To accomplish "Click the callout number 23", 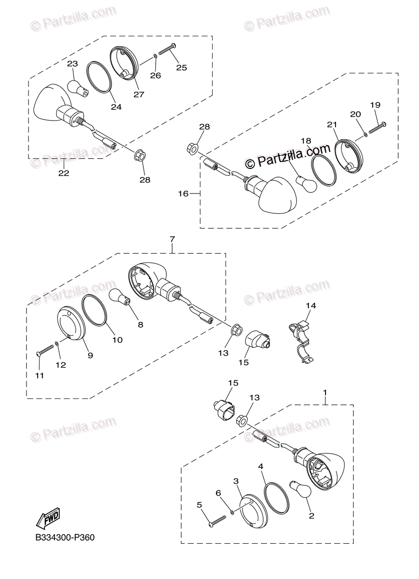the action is coord(72,64).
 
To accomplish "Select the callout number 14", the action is coord(311,305).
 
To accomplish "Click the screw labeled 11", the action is coord(45,350).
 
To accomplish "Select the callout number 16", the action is coord(183,193).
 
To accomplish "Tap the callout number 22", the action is coord(64,173).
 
